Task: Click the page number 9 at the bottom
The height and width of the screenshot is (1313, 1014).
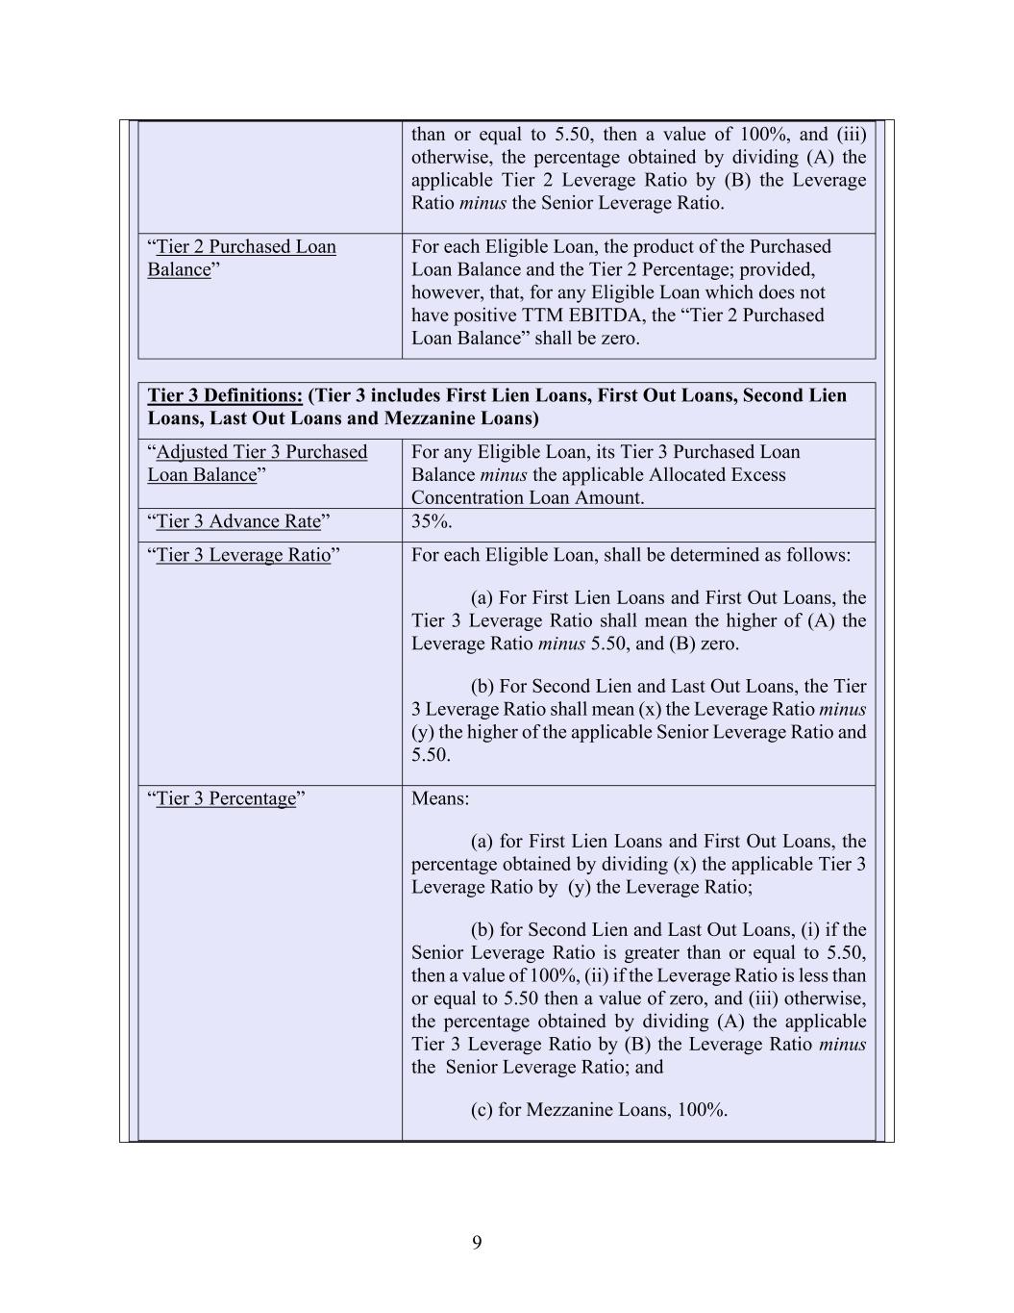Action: [477, 1243]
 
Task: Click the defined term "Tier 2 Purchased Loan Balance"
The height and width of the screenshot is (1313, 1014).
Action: [241, 258]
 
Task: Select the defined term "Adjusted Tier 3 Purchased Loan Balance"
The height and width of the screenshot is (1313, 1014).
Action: [257, 463]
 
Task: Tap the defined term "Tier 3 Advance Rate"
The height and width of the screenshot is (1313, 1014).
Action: [238, 521]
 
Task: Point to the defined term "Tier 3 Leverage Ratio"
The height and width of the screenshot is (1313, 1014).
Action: [243, 555]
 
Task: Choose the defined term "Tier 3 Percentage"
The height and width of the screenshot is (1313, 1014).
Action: [226, 798]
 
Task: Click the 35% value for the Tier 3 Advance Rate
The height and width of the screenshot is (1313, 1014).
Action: [432, 521]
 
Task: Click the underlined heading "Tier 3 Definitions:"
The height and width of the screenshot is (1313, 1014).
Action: [225, 395]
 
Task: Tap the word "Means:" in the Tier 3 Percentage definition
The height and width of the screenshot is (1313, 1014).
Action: [440, 798]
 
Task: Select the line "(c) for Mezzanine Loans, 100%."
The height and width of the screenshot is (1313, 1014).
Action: [599, 1109]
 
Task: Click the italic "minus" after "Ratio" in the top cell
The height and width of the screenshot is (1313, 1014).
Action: [482, 203]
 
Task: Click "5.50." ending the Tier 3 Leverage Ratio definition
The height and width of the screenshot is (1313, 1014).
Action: [431, 754]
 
